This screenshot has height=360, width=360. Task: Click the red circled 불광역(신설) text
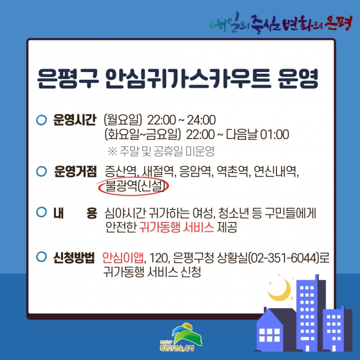tap(135, 187)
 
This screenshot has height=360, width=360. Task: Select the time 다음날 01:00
tap(257, 134)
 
